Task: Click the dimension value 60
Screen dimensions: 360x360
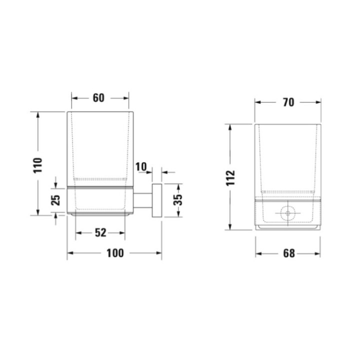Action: pos(98,98)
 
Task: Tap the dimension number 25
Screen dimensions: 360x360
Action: pos(56,199)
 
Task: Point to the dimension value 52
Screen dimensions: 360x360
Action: pos(100,232)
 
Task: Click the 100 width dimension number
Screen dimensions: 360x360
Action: pos(114,253)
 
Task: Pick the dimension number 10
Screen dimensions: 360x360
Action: pos(140,166)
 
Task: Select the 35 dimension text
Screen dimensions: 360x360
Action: pos(178,199)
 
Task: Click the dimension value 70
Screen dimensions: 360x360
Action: pos(287,102)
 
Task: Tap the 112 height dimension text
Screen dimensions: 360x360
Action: pos(230,177)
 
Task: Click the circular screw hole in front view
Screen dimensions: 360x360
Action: pos(287,214)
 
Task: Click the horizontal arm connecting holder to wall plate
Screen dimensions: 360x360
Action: pos(143,199)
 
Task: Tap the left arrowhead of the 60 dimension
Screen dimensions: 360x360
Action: pos(71,98)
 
